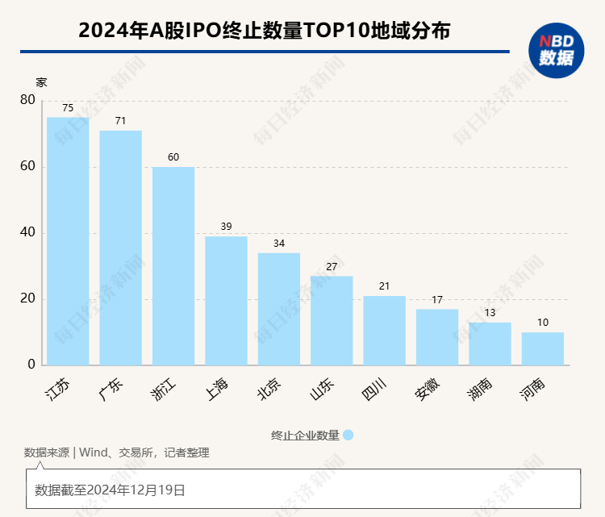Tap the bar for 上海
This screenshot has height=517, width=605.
point(226,300)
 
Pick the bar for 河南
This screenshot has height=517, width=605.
point(542,348)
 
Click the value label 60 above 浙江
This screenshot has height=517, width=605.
point(173,157)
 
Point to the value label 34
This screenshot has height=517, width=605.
point(278,244)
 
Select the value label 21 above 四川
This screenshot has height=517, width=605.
point(384,286)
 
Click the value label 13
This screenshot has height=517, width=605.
point(490,313)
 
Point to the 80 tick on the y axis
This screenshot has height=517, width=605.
point(27,100)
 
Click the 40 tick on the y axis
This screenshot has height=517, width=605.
point(27,232)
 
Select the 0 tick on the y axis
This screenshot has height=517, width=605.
point(31,365)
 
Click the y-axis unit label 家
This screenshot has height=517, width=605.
point(41,82)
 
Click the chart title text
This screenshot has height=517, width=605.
point(264,31)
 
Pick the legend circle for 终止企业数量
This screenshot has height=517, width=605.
point(348,435)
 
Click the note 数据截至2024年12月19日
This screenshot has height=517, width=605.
point(111,490)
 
